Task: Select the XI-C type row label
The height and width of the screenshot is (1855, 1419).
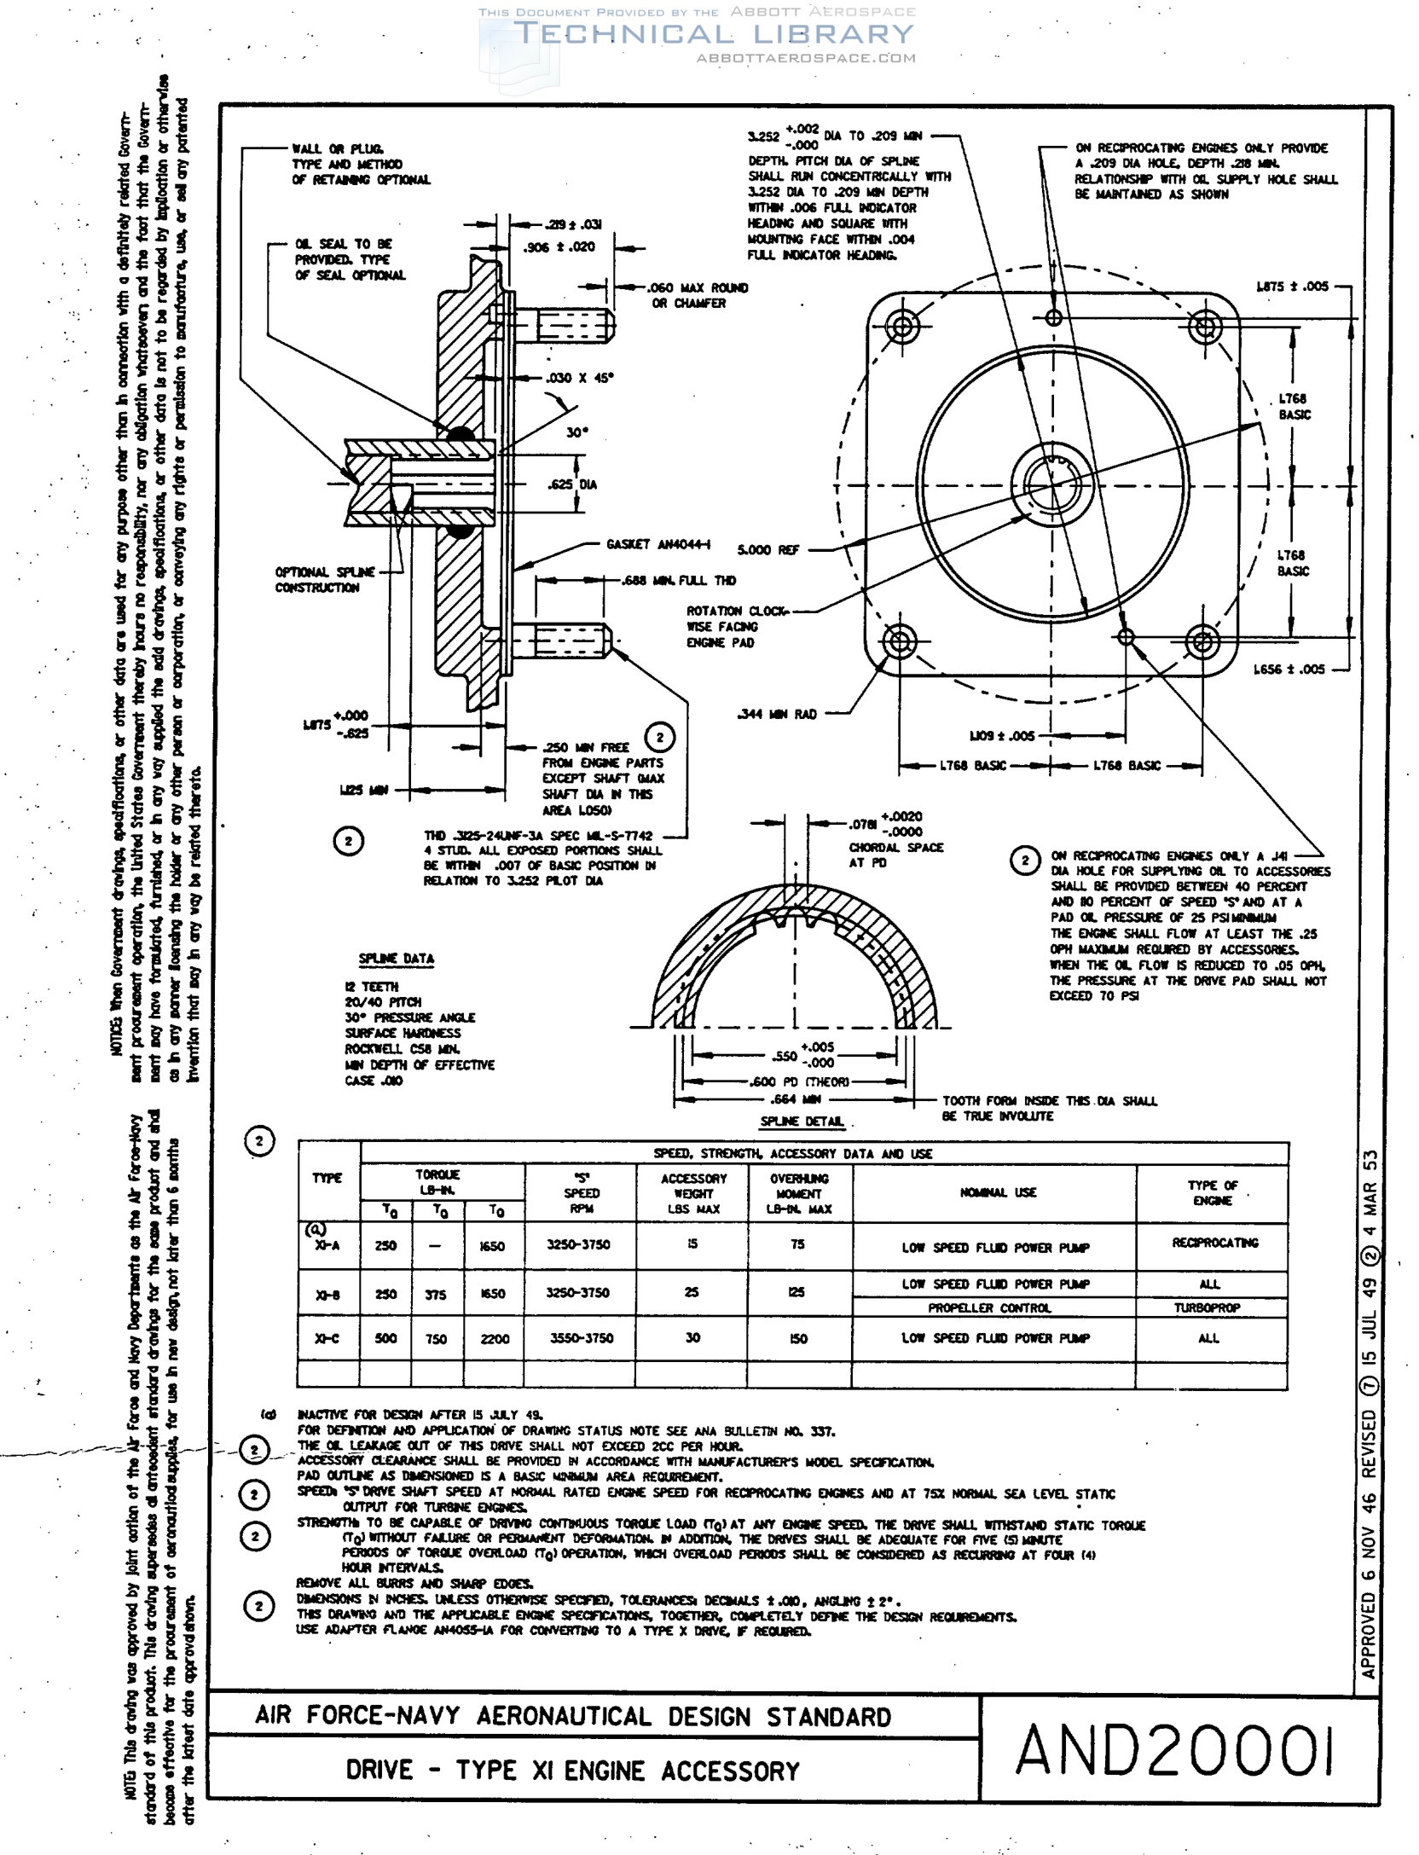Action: (x=327, y=1338)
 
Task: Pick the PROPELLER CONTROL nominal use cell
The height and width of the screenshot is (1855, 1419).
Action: (x=989, y=1307)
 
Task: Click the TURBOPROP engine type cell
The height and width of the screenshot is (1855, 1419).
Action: (x=1207, y=1307)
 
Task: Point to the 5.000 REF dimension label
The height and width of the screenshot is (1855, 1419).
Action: (x=768, y=550)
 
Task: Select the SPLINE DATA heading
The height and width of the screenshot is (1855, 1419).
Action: (x=396, y=959)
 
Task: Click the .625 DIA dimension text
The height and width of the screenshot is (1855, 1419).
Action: (x=571, y=484)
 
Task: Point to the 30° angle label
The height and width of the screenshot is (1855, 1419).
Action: (x=577, y=432)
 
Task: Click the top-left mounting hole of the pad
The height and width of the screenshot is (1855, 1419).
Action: (x=901, y=325)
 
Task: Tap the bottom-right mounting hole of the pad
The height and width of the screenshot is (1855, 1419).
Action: (x=1202, y=641)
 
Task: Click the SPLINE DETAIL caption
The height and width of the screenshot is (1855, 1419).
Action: (x=802, y=1122)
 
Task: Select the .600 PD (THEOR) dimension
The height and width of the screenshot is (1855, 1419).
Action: (x=799, y=1081)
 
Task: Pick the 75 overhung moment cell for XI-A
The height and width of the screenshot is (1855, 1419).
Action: (x=797, y=1244)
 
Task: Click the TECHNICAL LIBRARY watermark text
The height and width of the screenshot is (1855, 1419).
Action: (x=714, y=35)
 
